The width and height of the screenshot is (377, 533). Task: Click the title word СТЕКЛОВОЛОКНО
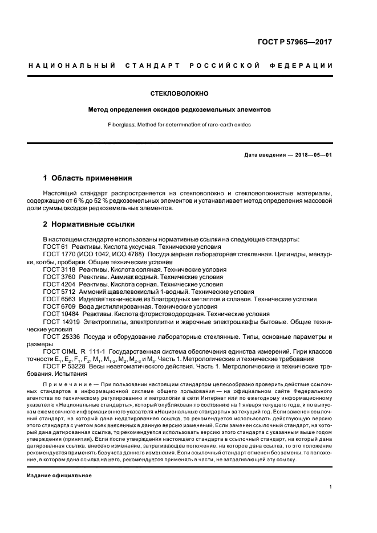pos(179,92)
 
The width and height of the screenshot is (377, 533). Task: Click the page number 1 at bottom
pos(331,487)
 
